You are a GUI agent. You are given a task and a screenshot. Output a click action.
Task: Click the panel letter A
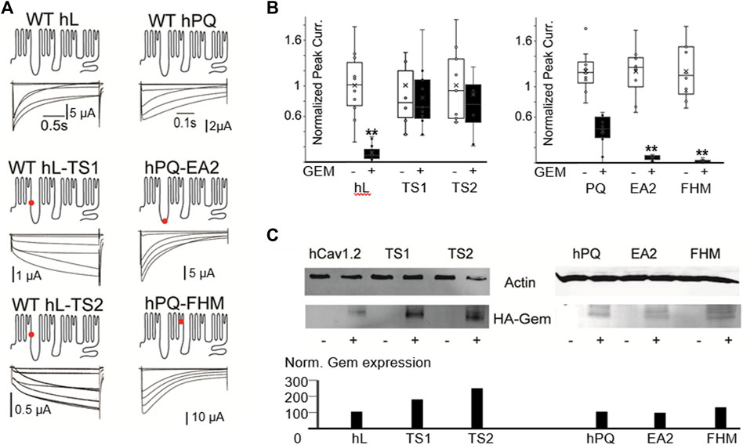coord(8,9)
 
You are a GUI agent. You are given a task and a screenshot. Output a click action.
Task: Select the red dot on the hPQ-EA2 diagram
coord(164,222)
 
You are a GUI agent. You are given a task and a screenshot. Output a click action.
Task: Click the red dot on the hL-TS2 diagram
coord(31,335)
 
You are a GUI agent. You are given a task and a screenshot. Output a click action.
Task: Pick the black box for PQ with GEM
coord(602,127)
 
